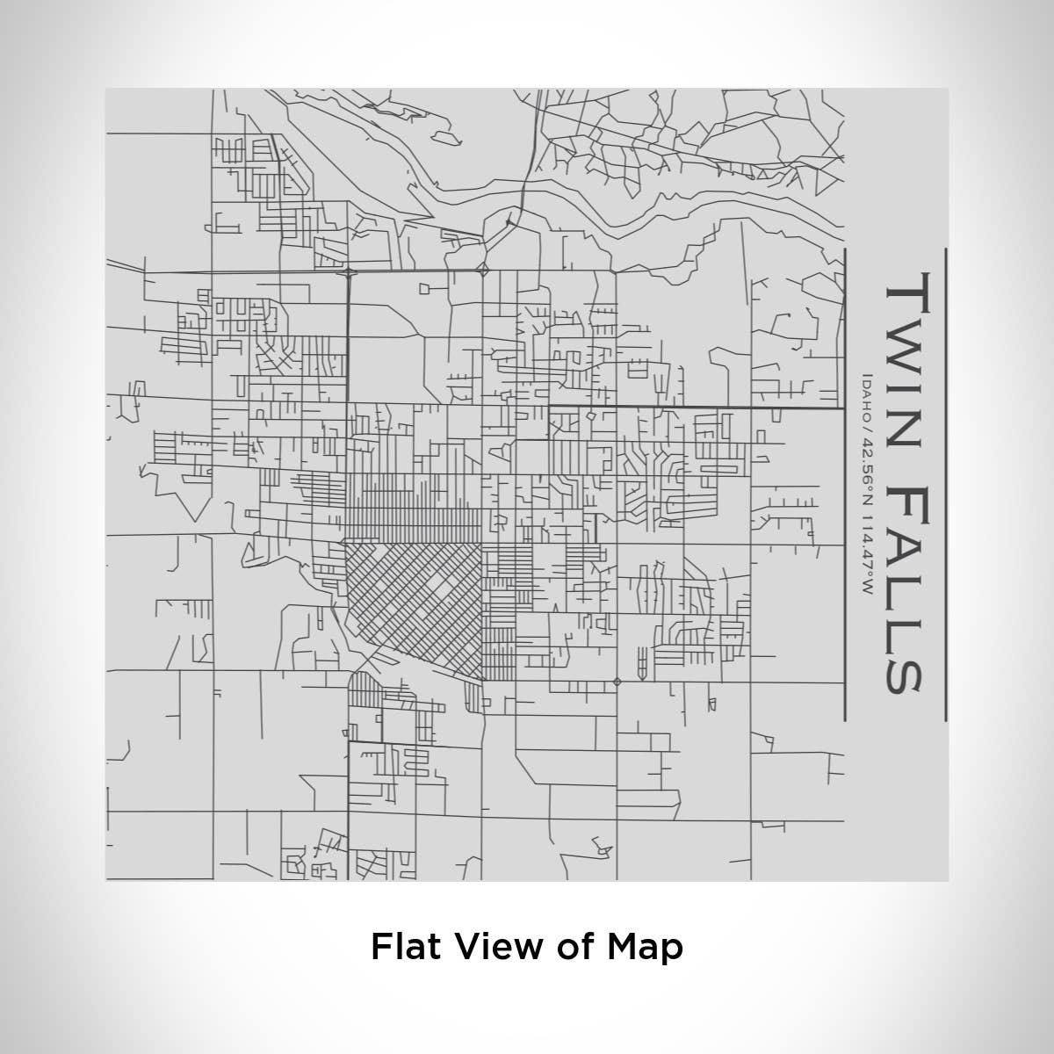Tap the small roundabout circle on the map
click(617, 681)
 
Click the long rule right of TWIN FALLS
click(945, 483)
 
